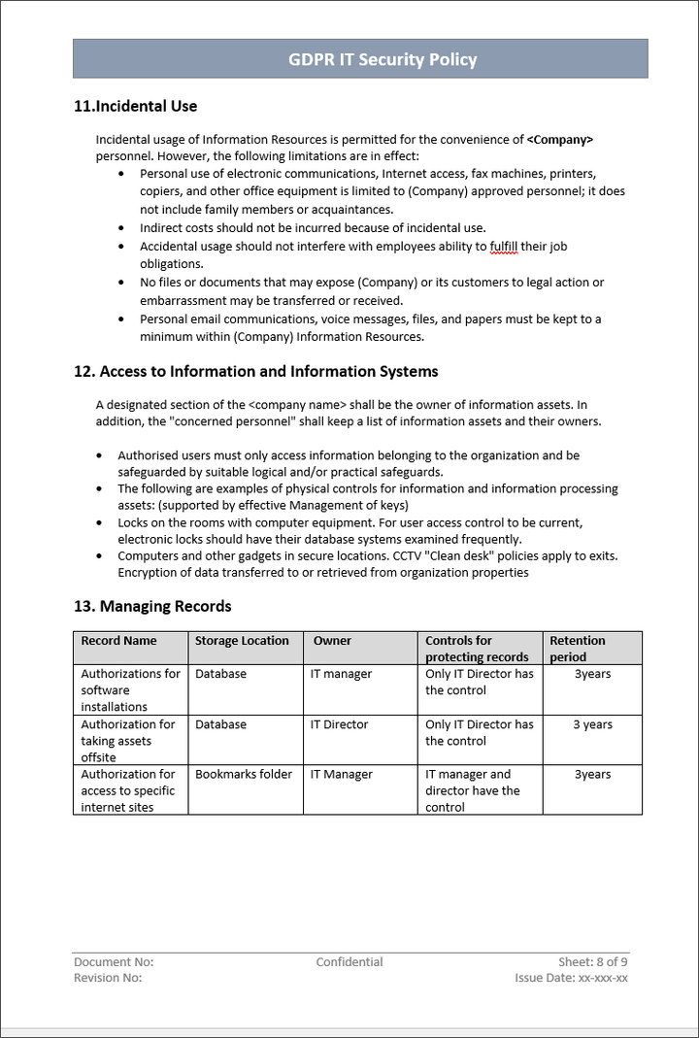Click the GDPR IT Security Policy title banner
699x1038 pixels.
(360, 59)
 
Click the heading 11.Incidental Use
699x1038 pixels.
(135, 106)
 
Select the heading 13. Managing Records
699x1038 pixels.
(152, 606)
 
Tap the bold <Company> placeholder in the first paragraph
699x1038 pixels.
(559, 140)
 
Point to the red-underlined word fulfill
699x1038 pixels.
(504, 247)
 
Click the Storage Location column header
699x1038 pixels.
(242, 641)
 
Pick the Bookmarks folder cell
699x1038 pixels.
(244, 775)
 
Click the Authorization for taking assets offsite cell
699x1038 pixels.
(128, 741)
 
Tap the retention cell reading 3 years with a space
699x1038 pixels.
(592, 724)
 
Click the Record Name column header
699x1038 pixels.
(118, 641)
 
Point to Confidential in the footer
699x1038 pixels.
(349, 962)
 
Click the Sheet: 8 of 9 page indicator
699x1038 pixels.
(592, 962)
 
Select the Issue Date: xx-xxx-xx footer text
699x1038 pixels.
(571, 978)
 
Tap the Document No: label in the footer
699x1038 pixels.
(114, 962)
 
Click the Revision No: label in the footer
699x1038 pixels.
(108, 978)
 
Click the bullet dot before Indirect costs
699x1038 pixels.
(121, 228)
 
